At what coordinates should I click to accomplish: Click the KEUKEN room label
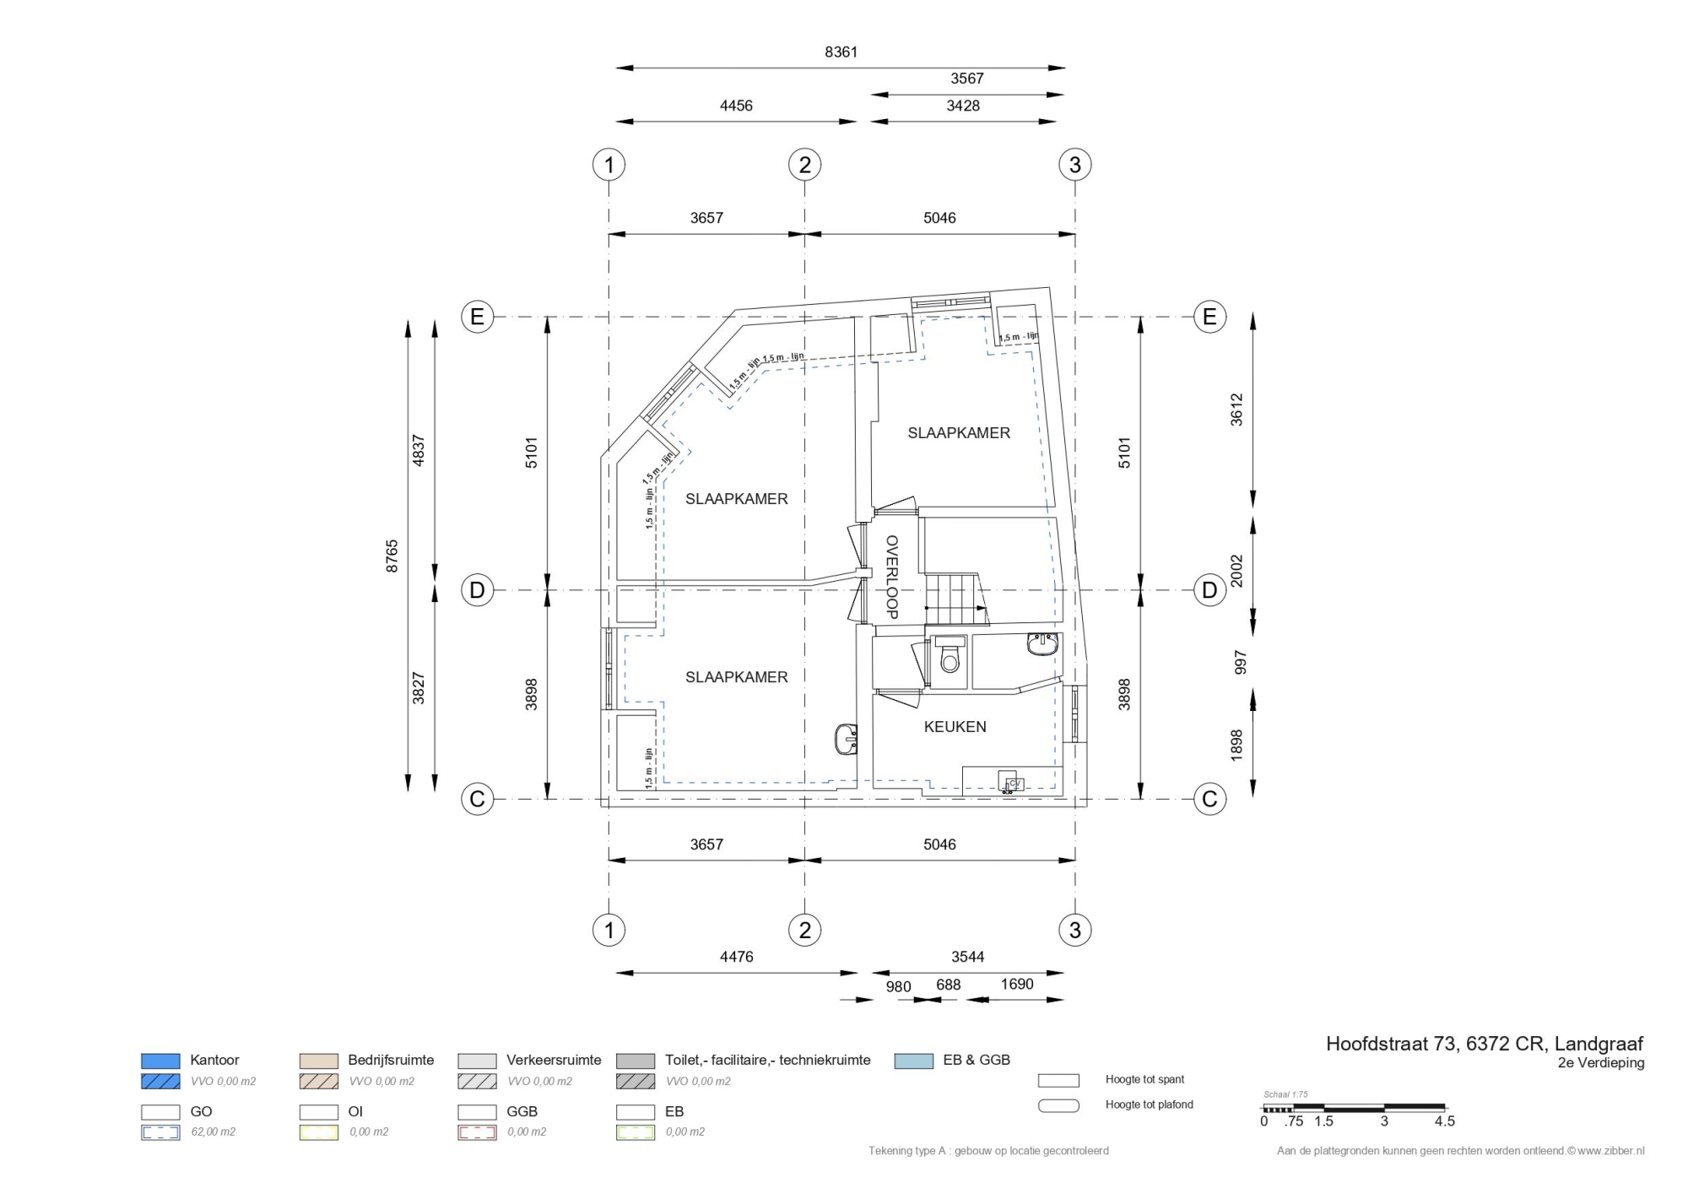955,727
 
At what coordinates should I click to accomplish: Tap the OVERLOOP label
891,578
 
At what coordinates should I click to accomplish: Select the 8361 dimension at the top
841,52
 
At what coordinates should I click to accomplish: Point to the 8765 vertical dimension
392,556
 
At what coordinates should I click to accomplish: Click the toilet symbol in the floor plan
950,654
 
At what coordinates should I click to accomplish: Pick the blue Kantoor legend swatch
160,1061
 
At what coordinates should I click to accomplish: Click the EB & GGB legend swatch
914,1061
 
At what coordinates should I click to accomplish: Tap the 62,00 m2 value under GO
213,1132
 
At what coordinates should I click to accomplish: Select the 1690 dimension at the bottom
1016,985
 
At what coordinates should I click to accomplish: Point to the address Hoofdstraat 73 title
1485,1044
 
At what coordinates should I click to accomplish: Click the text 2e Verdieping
1601,1063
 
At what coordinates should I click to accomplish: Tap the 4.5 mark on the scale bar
1444,1121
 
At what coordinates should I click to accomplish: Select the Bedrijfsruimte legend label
391,1060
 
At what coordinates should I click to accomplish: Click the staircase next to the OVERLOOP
956,599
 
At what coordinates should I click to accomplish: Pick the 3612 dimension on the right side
1236,410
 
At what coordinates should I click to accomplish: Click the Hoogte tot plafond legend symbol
1058,1105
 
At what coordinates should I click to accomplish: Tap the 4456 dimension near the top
736,106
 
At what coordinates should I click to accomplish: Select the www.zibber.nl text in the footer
1610,1151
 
